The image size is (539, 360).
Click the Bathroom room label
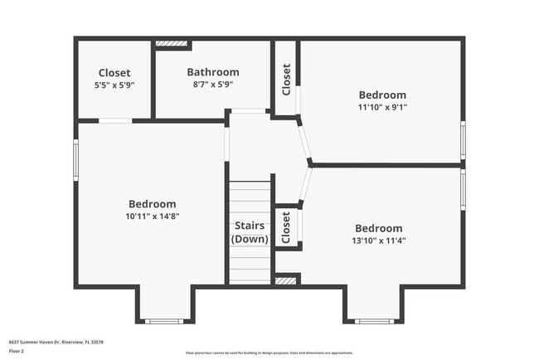[212, 72]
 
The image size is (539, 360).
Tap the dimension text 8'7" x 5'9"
[212, 84]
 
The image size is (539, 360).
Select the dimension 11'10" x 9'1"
[382, 107]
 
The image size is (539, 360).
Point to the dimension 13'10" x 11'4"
[378, 241]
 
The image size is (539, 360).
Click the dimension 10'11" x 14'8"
[152, 216]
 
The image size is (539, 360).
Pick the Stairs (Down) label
[250, 232]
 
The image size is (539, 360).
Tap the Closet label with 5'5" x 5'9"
[114, 72]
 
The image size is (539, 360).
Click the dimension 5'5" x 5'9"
[114, 84]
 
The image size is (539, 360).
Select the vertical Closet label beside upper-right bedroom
[286, 80]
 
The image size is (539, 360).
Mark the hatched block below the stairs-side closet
[286, 281]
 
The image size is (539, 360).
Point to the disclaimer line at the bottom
[269, 353]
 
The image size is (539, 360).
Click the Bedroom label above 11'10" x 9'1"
[382, 95]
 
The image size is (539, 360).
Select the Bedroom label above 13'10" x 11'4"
[378, 228]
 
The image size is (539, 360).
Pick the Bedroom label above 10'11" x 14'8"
[152, 204]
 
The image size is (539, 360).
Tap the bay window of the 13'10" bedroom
[372, 320]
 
